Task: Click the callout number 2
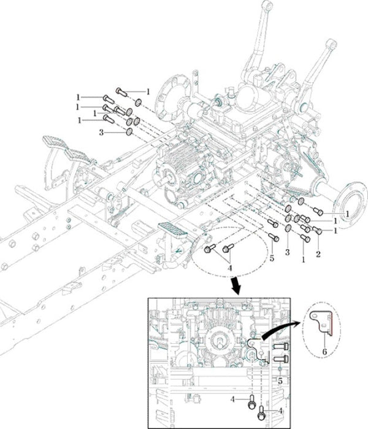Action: point(318,253)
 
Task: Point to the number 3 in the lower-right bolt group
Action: point(286,253)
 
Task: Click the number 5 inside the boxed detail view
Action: point(280,381)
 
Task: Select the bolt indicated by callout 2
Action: point(317,231)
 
